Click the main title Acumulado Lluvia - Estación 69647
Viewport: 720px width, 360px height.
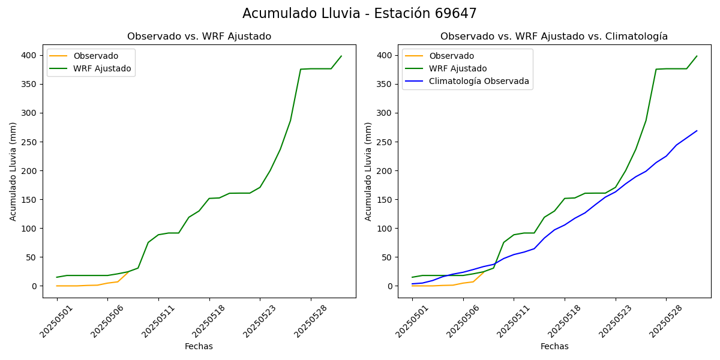tap(359, 14)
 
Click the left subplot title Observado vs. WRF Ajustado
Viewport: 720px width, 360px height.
tap(199, 37)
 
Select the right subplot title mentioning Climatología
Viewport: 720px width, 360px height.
tap(554, 37)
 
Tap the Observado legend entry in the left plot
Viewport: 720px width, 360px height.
tap(96, 56)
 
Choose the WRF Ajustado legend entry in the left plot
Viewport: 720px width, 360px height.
tap(102, 68)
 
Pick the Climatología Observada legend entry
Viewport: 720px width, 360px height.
tap(479, 82)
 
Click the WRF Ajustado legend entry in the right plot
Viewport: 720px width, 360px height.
tap(458, 68)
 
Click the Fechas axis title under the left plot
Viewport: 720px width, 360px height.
tap(199, 346)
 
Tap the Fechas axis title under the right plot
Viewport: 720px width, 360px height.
tap(554, 346)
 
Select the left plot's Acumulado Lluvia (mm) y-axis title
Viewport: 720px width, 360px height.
tap(13, 171)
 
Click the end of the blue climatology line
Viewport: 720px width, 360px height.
tap(697, 131)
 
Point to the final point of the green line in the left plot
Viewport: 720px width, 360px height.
tap(341, 56)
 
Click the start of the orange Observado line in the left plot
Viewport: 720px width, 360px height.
tap(57, 286)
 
